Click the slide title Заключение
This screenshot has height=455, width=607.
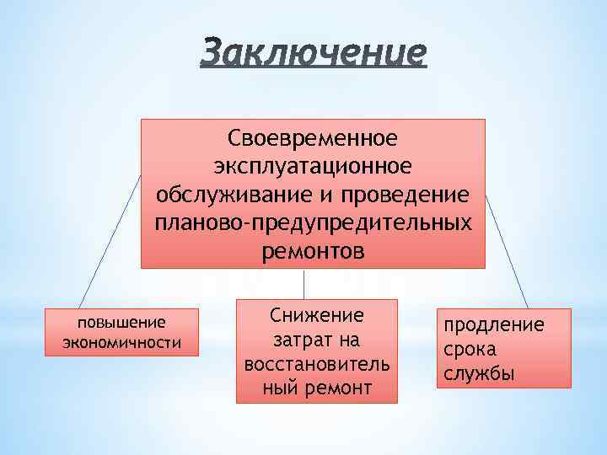click(314, 53)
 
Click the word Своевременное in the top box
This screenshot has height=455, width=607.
click(313, 136)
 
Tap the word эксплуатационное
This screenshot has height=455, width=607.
click(313, 165)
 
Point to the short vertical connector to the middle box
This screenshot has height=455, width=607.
click(303, 284)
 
